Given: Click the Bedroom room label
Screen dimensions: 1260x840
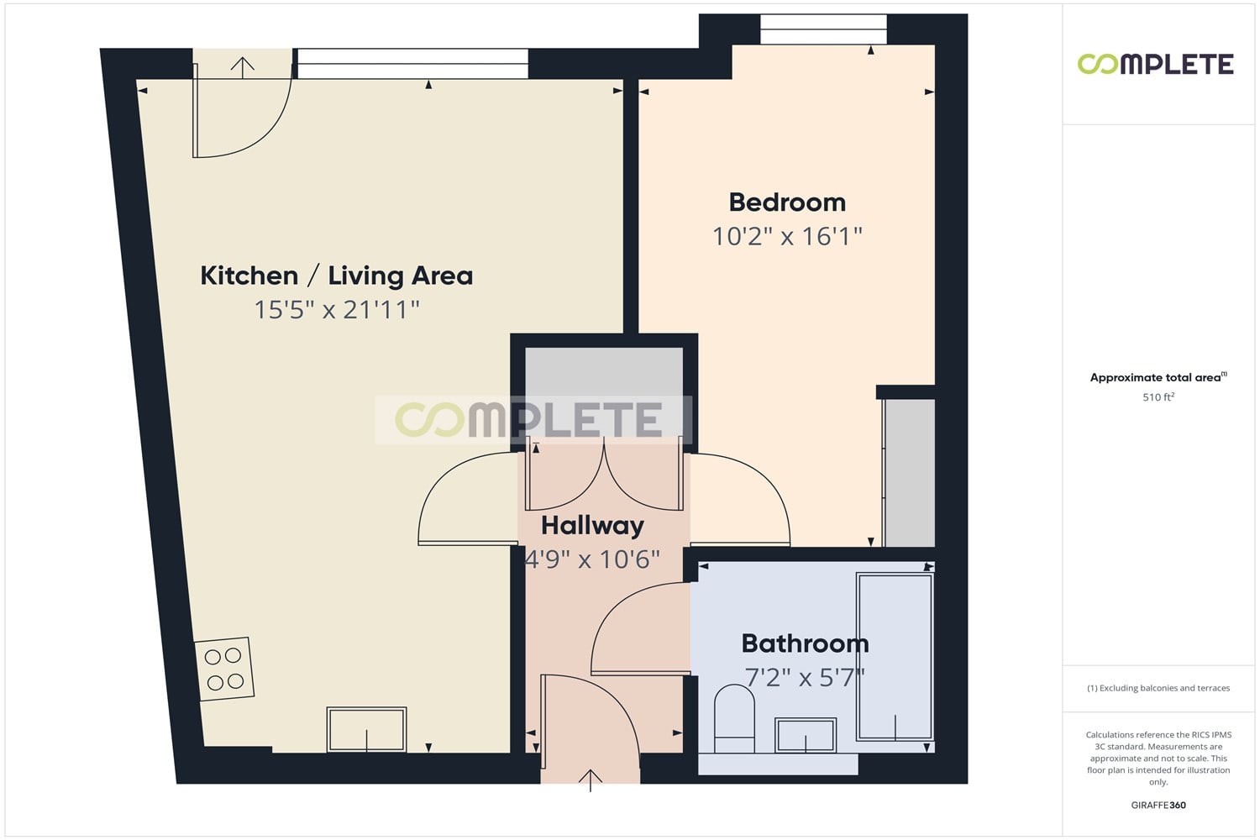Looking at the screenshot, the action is click(x=787, y=202).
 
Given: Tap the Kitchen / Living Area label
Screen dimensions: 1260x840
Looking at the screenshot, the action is click(x=336, y=276).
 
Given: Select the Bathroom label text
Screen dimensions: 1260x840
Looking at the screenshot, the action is click(x=805, y=643).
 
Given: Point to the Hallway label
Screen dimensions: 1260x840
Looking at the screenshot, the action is click(x=592, y=526).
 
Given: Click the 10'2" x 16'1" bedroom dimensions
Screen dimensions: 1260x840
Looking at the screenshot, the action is click(x=787, y=236).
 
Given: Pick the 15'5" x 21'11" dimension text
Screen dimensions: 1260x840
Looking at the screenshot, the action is click(x=337, y=309).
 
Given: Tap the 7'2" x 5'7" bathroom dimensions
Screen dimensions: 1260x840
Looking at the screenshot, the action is click(x=805, y=677).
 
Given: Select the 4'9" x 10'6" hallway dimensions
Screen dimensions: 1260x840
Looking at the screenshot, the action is click(x=592, y=559).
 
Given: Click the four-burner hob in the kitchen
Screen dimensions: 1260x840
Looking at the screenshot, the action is click(x=224, y=669).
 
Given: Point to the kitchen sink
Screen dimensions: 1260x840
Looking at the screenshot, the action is click(x=366, y=730).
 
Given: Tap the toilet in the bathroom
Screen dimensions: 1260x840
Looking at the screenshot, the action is click(x=734, y=718).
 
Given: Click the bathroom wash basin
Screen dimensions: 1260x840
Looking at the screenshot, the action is click(x=806, y=735).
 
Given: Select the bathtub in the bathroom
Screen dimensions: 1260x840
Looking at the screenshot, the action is click(x=895, y=657).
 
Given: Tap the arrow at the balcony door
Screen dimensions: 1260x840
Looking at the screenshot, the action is click(x=243, y=67).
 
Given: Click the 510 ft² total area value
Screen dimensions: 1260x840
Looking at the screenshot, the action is click(x=1158, y=396).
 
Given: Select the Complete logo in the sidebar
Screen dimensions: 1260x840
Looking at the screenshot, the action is click(x=1155, y=64).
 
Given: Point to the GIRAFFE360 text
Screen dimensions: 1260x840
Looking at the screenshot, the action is click(x=1158, y=805).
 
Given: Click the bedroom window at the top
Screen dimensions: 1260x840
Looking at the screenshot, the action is click(x=823, y=29).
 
